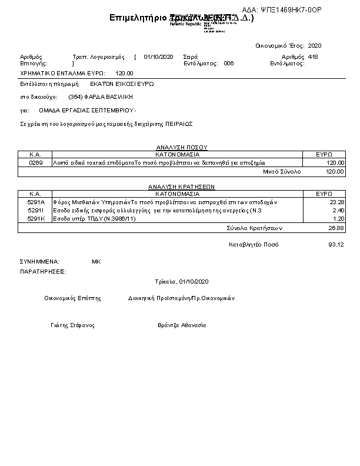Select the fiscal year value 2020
(315, 45)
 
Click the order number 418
(313, 56)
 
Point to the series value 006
(229, 63)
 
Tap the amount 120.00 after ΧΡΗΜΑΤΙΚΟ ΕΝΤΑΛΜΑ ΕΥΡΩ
(124, 73)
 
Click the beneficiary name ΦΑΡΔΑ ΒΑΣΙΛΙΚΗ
(109, 97)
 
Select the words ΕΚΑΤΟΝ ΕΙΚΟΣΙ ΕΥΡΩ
(122, 84)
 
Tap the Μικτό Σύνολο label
(282, 171)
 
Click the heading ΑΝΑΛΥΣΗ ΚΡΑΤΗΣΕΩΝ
(182, 186)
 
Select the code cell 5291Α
(36, 202)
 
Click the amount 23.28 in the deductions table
(336, 202)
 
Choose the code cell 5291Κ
(36, 218)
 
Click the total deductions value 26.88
(336, 227)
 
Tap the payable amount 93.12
(336, 244)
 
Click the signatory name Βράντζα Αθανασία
(182, 325)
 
